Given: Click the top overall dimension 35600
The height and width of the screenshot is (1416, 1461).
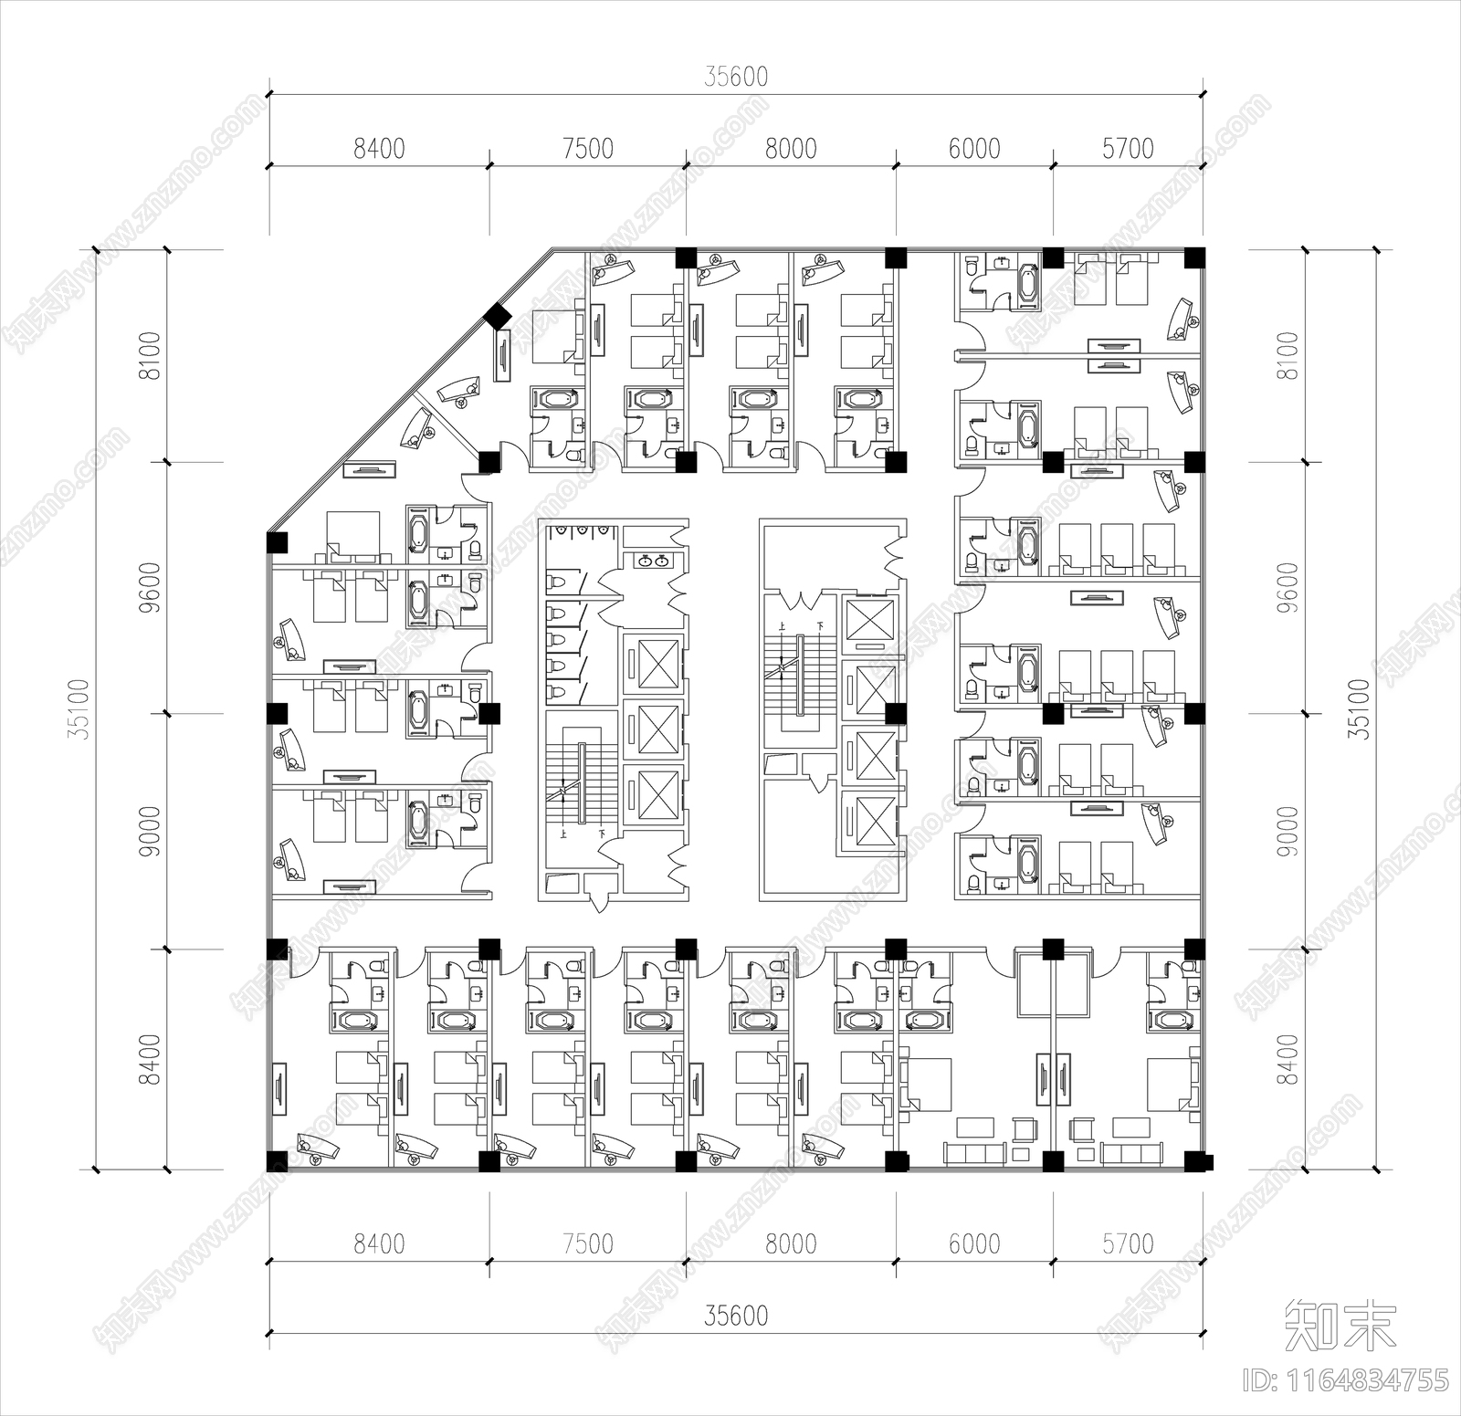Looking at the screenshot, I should [x=736, y=77].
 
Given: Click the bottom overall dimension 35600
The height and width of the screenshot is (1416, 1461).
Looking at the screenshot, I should [x=736, y=1316].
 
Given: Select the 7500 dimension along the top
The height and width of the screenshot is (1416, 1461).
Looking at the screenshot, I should [x=588, y=148].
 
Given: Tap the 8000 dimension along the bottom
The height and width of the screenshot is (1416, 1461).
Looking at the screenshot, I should [x=791, y=1243].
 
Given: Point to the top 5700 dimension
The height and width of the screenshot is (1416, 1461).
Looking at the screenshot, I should [x=1128, y=148].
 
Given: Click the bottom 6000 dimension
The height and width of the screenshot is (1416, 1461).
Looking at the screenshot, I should [x=974, y=1243].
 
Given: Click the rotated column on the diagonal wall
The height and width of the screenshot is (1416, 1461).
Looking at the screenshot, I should [x=498, y=316].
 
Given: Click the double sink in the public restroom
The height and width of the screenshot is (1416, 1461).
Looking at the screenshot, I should [x=652, y=560].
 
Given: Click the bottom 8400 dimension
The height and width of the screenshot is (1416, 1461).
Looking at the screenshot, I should [x=379, y=1243].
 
